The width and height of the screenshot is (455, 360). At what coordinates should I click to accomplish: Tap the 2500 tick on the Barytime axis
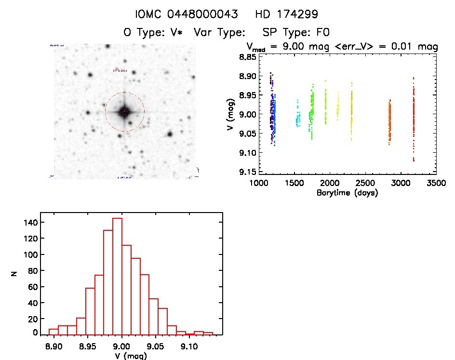365,183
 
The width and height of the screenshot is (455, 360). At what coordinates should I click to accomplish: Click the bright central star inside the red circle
124,112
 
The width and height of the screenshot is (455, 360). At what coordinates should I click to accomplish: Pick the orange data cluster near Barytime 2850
389,122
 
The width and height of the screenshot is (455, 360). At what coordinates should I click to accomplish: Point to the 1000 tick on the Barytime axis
259,183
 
